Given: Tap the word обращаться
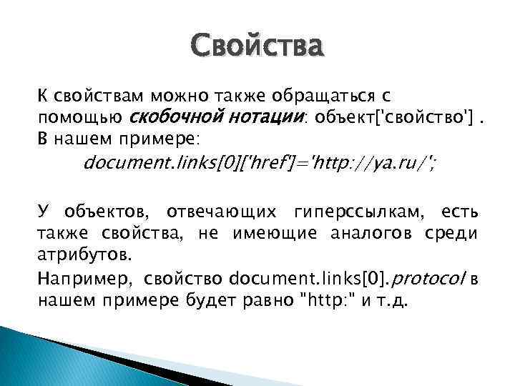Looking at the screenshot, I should pos(331,96).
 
